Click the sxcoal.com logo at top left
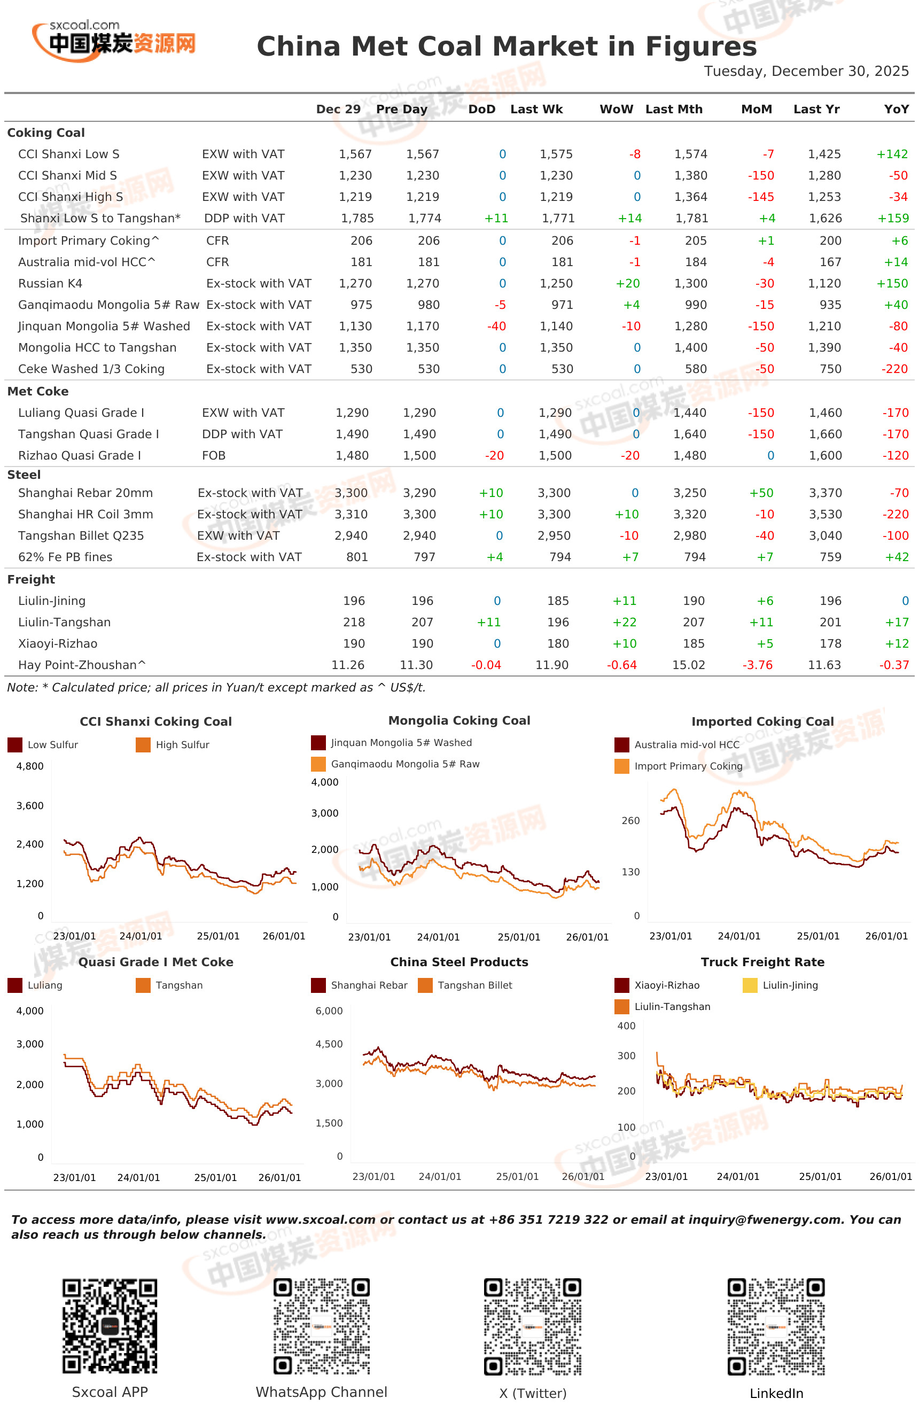[x=113, y=41]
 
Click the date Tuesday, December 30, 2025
[x=806, y=71]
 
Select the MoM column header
[x=756, y=110]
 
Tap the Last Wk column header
[x=536, y=110]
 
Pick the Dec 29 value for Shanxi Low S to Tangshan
[x=357, y=218]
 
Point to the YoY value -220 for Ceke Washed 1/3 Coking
[x=894, y=369]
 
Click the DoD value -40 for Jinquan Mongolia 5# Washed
[x=496, y=326]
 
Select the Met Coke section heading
[x=37, y=392]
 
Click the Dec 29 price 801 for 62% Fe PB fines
[x=357, y=557]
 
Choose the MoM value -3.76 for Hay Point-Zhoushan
[x=758, y=665]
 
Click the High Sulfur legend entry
[x=173, y=745]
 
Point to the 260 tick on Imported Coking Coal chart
[x=630, y=821]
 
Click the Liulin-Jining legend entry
[x=781, y=985]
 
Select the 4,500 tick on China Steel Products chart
[x=329, y=1044]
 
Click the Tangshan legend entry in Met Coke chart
[x=169, y=985]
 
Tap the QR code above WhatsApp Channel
[x=321, y=1326]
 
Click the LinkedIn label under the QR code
[x=776, y=1393]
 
